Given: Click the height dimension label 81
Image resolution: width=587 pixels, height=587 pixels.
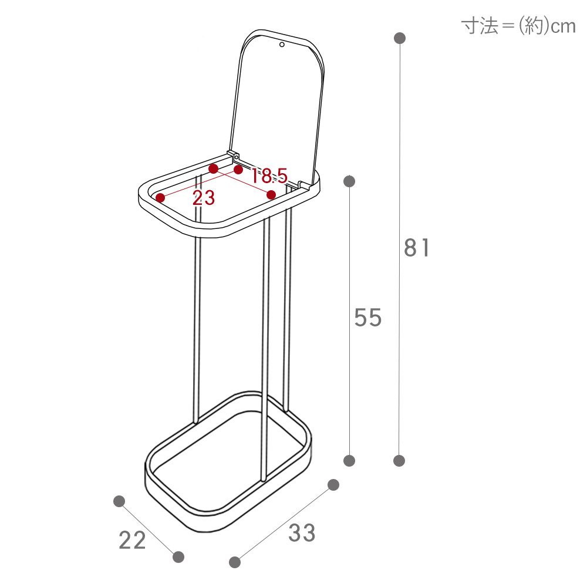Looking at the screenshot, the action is coord(417,248).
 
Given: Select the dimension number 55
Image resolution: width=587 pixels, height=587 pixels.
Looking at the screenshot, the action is coord(368,318).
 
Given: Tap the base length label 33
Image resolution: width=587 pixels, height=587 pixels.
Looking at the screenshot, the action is coord(302,533).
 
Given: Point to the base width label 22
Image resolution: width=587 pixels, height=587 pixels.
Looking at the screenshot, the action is coord(132,540).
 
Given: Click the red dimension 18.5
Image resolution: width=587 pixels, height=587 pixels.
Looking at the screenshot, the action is coord(269,176).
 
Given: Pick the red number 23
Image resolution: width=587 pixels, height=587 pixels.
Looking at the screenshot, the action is coord(204,198).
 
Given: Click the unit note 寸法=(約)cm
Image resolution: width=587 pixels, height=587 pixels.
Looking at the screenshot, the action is coord(518,26).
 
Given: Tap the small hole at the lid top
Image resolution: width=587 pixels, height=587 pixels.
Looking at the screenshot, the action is coord(282,45).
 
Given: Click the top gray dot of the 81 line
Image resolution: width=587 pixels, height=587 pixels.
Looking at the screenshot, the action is coord(400,38).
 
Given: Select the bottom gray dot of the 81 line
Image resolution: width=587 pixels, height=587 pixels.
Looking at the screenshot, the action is coord(399,460).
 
